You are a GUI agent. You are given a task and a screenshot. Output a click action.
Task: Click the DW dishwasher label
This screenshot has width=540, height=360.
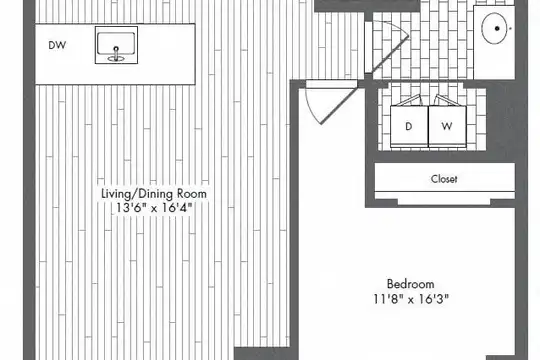point(57,45)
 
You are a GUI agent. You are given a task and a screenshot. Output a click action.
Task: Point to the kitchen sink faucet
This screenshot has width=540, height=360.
point(116,54)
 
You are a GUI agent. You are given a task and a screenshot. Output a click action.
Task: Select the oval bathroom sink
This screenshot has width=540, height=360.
point(494,28)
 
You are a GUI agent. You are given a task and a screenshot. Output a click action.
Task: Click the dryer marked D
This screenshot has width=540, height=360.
point(409,126)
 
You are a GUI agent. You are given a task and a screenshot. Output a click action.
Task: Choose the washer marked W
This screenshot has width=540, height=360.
point(447,126)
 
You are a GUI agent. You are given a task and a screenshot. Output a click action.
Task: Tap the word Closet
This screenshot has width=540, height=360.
point(444,179)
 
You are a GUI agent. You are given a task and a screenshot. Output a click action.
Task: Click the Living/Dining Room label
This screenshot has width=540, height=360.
point(154,194)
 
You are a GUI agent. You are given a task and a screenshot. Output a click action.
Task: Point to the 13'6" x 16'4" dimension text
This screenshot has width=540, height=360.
point(154,208)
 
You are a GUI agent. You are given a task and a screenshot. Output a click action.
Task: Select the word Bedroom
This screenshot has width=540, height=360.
point(411,284)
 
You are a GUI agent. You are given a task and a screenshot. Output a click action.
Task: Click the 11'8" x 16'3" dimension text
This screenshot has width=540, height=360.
point(411,299)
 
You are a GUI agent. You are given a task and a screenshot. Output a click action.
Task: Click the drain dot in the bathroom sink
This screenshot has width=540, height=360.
point(497,28)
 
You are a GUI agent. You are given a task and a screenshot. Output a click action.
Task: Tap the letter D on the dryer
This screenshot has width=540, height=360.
point(409,126)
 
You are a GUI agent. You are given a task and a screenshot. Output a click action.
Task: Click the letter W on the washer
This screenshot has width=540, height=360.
point(447,126)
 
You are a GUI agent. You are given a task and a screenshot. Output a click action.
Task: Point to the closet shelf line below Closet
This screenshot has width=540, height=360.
point(445,191)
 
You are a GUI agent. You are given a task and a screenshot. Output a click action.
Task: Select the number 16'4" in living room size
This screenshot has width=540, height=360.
point(175,208)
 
